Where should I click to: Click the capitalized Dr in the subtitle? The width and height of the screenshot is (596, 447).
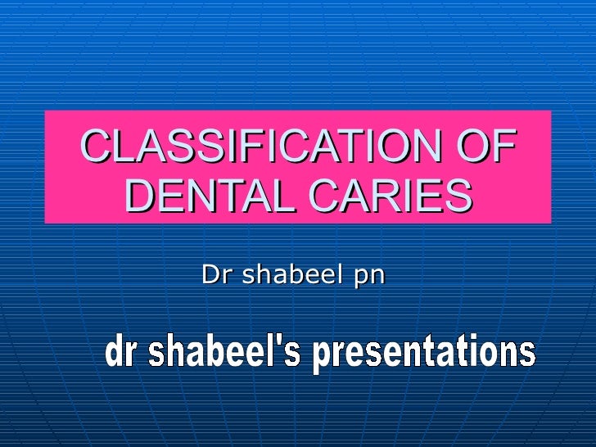[214, 276]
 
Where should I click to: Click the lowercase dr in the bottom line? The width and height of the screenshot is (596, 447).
[120, 354]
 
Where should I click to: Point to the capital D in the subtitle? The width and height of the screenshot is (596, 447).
[210, 276]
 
